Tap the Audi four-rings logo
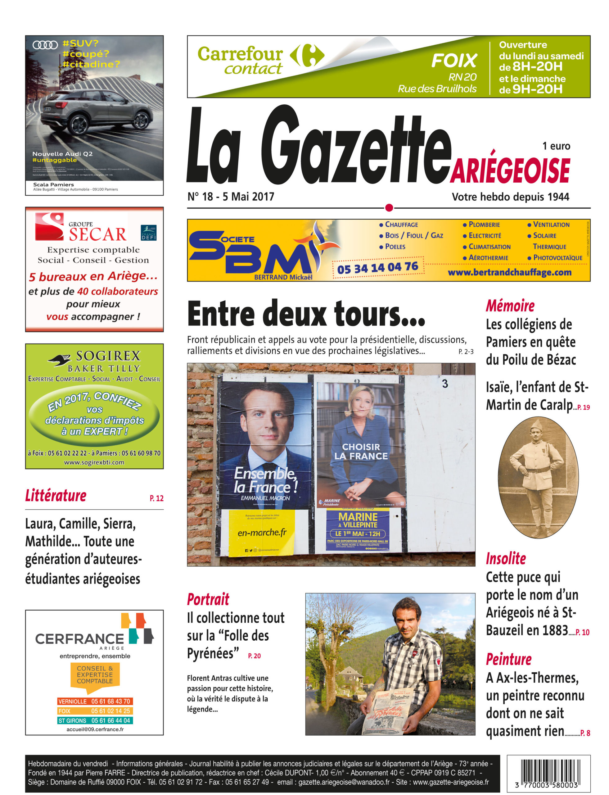tap(45, 45)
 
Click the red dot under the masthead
tap(389, 208)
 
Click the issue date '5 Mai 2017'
tap(248, 197)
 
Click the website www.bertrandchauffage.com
tap(509, 272)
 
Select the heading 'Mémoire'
tap(510, 306)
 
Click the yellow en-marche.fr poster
tap(262, 532)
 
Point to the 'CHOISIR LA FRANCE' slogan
tap(361, 452)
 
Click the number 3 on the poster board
tap(445, 384)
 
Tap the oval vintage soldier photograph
tap(538, 477)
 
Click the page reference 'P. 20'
tap(254, 656)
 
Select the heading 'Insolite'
tap(506, 559)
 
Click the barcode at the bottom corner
tap(548, 773)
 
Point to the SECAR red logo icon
tap(49, 226)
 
